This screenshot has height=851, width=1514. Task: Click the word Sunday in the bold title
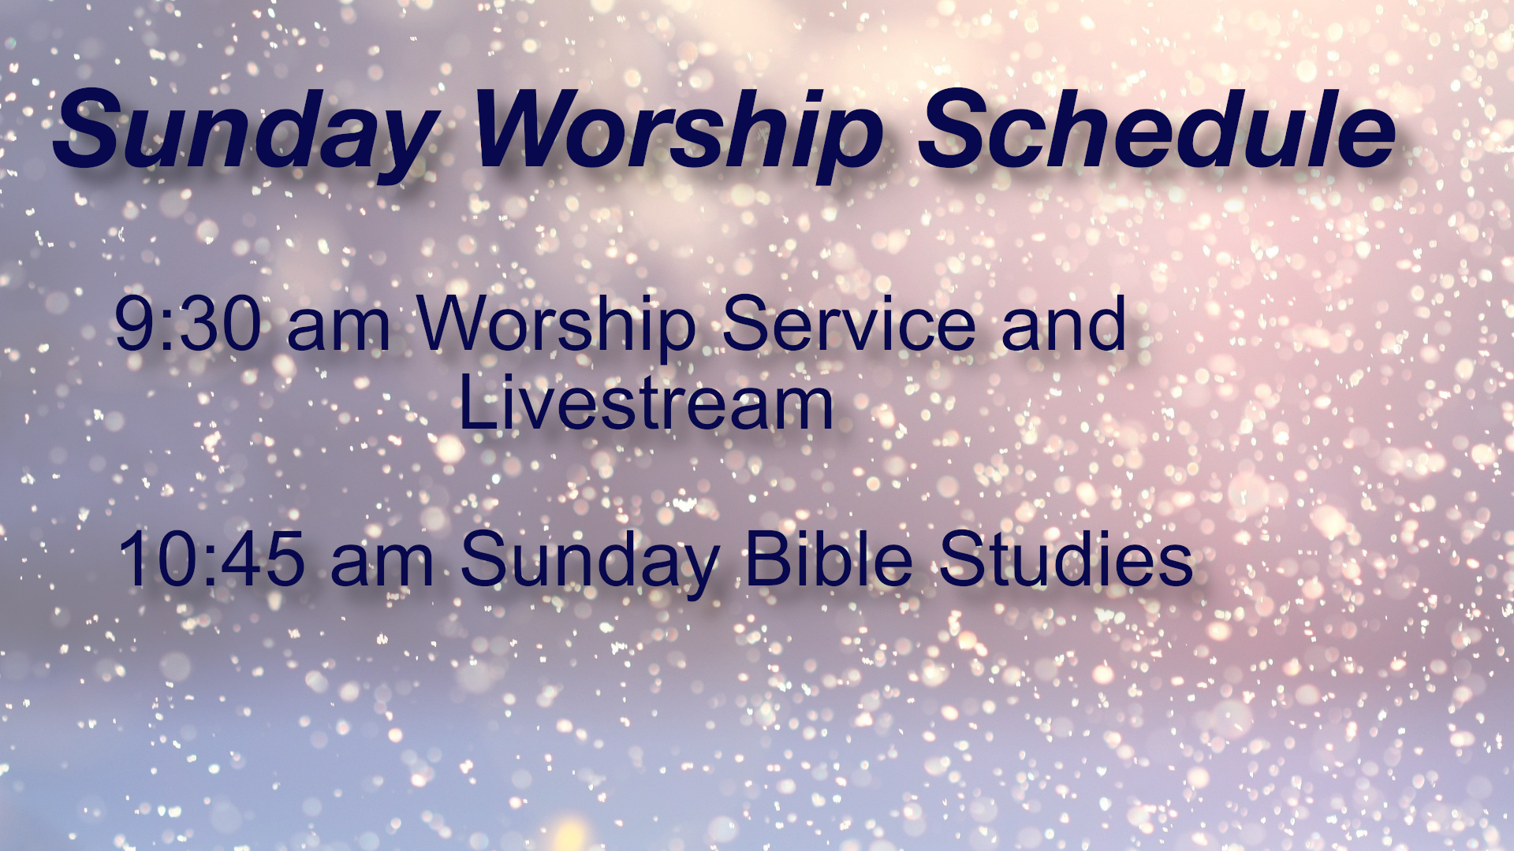point(246,134)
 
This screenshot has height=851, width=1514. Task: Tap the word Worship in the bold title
point(678,134)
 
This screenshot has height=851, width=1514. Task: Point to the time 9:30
point(188,323)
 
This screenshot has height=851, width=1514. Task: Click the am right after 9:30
point(339,330)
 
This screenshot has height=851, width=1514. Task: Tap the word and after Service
point(1064,323)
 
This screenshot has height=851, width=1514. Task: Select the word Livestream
point(646,403)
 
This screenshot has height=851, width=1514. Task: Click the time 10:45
point(211,559)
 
